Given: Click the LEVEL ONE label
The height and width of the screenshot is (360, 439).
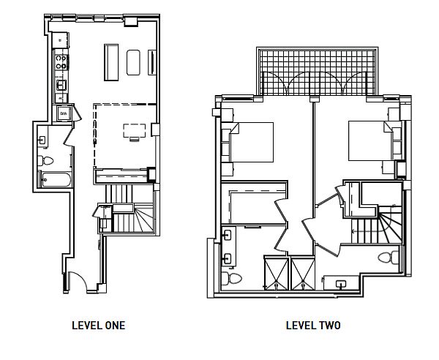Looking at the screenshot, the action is pos(98,326).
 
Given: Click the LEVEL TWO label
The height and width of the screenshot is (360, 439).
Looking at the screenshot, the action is pos(313,326).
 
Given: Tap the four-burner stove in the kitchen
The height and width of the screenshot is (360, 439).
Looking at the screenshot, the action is pos(61,62).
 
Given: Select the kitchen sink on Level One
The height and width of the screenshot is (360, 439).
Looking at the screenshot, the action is pos(61,85).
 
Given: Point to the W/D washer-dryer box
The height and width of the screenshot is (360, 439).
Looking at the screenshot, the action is pos(64,113).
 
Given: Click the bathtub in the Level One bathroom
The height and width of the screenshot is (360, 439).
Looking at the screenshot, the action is pos(56,179).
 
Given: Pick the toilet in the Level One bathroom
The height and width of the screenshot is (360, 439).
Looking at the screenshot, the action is pos(45,161).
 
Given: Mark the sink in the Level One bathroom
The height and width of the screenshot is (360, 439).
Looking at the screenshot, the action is pos(42,140).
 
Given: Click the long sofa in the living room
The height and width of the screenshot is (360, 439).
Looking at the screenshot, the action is pos(111,62).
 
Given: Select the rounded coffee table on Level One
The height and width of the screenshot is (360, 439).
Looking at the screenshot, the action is pos(133,62).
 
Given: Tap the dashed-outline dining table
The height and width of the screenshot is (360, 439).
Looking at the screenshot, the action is pos(135,131).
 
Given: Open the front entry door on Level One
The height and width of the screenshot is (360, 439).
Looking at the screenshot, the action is pos(78,281).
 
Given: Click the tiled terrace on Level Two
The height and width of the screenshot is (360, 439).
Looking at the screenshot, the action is pos(317,72).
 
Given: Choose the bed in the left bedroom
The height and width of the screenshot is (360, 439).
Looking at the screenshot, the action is pos(252,142).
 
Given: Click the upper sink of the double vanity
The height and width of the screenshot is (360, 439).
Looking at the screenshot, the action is pos(227,235).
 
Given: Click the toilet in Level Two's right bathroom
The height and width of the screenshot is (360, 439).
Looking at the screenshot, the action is pos(388,258).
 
